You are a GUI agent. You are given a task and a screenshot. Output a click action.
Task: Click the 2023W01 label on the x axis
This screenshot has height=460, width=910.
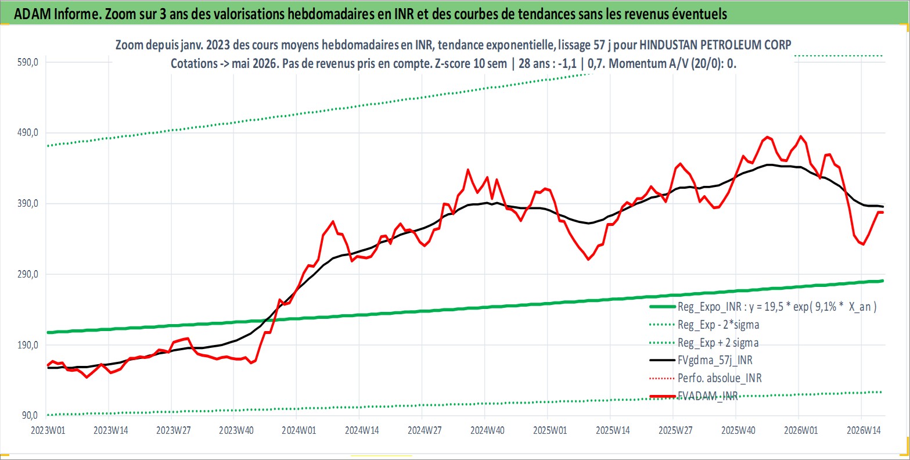[x=48, y=430]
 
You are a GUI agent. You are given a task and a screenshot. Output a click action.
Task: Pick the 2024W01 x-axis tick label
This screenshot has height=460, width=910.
[x=299, y=430]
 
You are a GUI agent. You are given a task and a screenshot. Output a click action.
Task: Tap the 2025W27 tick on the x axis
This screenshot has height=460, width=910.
[x=675, y=430]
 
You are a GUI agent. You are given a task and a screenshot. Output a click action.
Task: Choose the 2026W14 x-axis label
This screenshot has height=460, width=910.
[x=864, y=430]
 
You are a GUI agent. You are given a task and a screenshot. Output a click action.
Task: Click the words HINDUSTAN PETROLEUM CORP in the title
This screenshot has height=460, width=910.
[x=715, y=45]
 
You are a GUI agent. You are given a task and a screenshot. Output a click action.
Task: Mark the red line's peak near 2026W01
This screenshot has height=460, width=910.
[x=801, y=136]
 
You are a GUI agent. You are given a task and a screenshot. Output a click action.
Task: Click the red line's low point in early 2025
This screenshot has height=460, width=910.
[x=588, y=259]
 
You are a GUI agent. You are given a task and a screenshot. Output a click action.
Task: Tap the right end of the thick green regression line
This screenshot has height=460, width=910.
[x=883, y=281]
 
